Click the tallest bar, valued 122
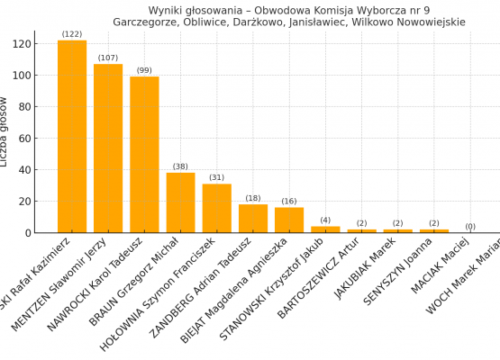[72, 137]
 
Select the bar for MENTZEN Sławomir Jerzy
[108, 148]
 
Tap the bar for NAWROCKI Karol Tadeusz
[144, 155]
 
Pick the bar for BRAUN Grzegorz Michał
[180, 202]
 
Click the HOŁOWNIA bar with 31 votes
[216, 208]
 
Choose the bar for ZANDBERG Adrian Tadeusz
[253, 219]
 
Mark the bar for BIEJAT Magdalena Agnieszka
[289, 220]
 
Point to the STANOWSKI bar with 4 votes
[325, 229]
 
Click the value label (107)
[108, 58]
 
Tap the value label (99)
[144, 70]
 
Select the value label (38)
[180, 166]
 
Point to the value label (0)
[470, 226]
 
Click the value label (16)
[289, 202]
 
